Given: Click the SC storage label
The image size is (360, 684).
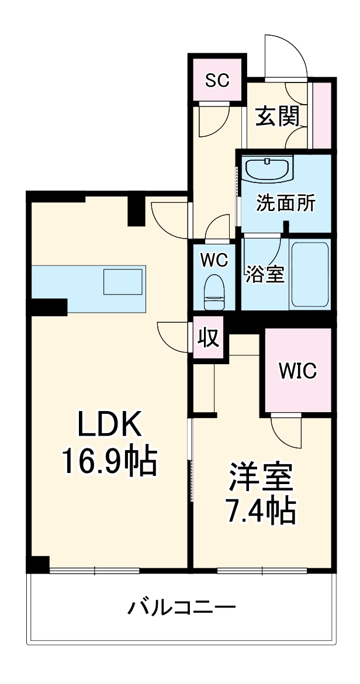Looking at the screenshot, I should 217,81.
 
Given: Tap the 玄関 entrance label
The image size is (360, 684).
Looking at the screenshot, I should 277,117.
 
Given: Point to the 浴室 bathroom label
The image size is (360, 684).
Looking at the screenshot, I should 265,274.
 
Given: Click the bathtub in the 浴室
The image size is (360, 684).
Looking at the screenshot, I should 310,274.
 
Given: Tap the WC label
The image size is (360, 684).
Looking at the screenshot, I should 214,260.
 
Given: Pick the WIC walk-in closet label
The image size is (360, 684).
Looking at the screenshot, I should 297,370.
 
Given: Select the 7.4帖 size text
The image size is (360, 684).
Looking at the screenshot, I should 260,512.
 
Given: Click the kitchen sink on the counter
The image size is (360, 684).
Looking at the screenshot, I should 123,282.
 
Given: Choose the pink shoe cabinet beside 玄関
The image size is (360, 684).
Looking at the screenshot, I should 321,115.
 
